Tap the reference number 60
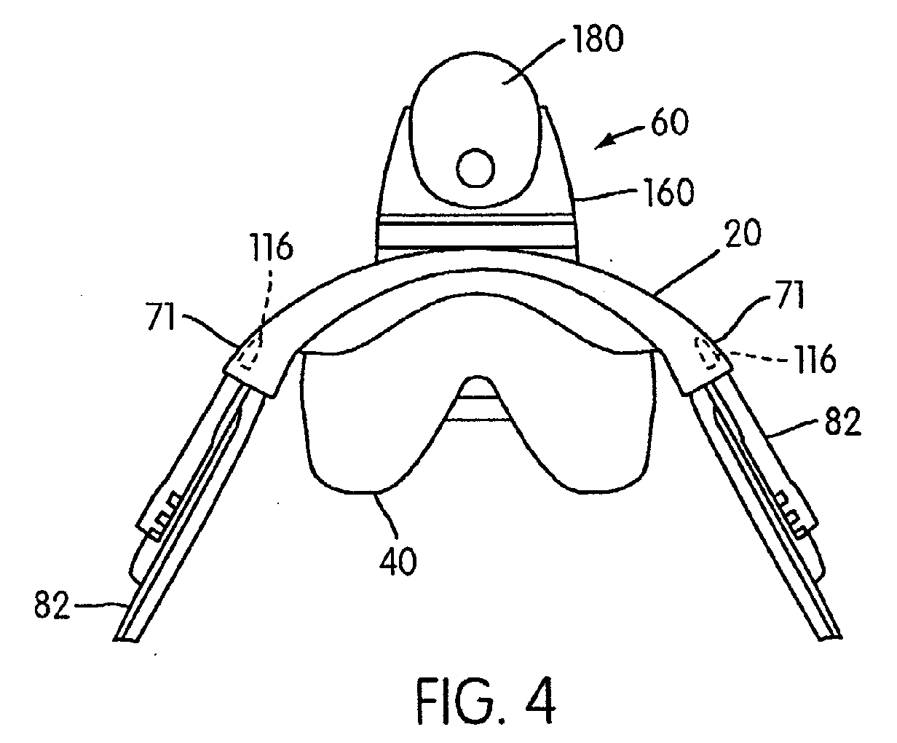pyautogui.click(x=670, y=122)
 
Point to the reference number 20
pyautogui.click(x=743, y=233)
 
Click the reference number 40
pyautogui.click(x=398, y=561)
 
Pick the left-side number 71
pyautogui.click(x=161, y=316)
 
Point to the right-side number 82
pyautogui.click(x=842, y=422)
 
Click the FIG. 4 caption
pyautogui.click(x=486, y=701)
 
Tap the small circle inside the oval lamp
pyautogui.click(x=475, y=168)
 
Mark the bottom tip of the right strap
pyautogui.click(x=831, y=640)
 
